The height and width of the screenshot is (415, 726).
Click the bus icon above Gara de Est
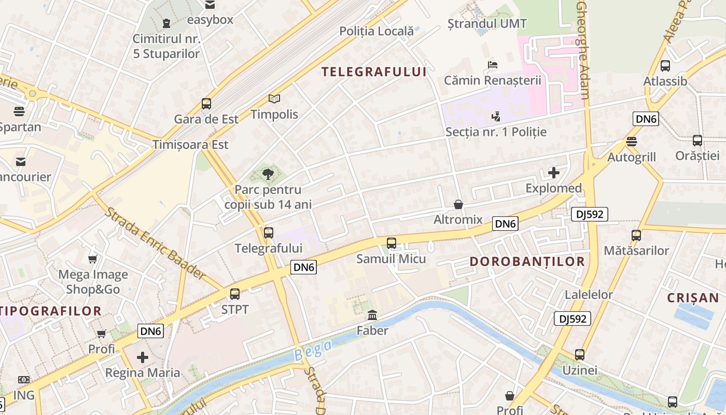pos(206,103)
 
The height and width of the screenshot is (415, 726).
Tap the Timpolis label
pos(274,114)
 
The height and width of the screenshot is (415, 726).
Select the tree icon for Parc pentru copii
pos(268,174)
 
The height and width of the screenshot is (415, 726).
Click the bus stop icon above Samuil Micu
pos(392,243)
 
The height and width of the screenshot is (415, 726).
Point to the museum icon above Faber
pos(372,315)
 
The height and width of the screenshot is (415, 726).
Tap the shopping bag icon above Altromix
pos(458,204)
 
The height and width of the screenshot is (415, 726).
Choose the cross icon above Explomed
pos(554,173)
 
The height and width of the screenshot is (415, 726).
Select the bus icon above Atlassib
pos(665,66)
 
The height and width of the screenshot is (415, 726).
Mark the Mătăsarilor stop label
pos(636,251)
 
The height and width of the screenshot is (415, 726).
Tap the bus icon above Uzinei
pos(580,355)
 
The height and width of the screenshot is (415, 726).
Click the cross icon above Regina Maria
pos(143,357)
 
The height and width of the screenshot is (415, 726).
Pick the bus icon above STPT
pos(235,294)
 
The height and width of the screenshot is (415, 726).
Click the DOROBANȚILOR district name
pos(527,261)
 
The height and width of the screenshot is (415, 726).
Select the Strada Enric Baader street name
pos(155,243)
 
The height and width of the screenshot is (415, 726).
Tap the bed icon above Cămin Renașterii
pos(492,65)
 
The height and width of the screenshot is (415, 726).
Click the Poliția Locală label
pos(376,31)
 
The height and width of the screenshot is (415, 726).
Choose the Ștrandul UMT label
pos(487,23)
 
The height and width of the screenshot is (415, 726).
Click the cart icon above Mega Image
pos(93,259)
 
